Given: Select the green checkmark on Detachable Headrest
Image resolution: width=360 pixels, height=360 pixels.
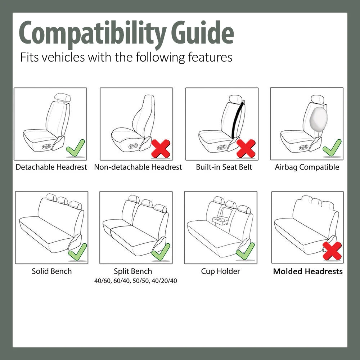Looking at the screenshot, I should (x=76, y=148).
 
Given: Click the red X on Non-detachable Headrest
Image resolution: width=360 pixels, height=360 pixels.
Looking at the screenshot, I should (x=161, y=148).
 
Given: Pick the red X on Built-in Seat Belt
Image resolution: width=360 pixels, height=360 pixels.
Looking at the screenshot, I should (x=246, y=148).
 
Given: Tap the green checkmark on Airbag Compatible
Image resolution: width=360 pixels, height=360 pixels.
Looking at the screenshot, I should (x=332, y=148).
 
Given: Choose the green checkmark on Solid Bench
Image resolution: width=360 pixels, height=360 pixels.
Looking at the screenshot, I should (x=77, y=252).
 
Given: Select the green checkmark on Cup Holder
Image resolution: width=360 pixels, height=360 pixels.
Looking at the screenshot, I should (x=246, y=251).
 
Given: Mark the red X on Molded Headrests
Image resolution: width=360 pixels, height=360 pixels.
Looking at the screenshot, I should (x=332, y=251).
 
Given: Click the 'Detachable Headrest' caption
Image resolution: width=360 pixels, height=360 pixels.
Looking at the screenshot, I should (x=51, y=167).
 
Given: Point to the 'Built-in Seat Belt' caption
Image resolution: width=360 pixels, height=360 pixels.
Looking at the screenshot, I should (x=224, y=167).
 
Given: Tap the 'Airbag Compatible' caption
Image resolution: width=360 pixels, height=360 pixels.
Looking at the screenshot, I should (x=307, y=167).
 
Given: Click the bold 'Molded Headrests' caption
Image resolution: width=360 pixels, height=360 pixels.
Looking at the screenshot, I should (x=308, y=271).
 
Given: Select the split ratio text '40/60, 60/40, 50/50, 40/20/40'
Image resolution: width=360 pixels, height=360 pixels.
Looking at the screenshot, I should (x=135, y=281).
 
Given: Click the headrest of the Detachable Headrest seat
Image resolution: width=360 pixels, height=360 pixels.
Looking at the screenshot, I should (x=62, y=97).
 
